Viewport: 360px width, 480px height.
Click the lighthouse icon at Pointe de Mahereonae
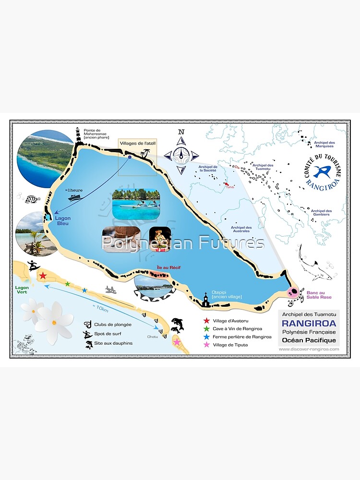(77, 135)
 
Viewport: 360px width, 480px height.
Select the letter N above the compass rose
(181, 132)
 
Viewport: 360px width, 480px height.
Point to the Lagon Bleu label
(62, 221)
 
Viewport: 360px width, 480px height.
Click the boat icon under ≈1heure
(74, 197)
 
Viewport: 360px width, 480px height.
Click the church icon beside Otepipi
(205, 301)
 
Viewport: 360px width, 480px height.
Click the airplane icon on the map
(111, 290)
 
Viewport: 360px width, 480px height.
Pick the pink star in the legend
(206, 345)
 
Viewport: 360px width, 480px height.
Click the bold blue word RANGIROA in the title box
(309, 324)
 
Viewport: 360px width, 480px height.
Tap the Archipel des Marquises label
(324, 144)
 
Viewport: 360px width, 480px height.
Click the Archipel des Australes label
(241, 229)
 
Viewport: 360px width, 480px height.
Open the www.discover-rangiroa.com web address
(309, 349)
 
